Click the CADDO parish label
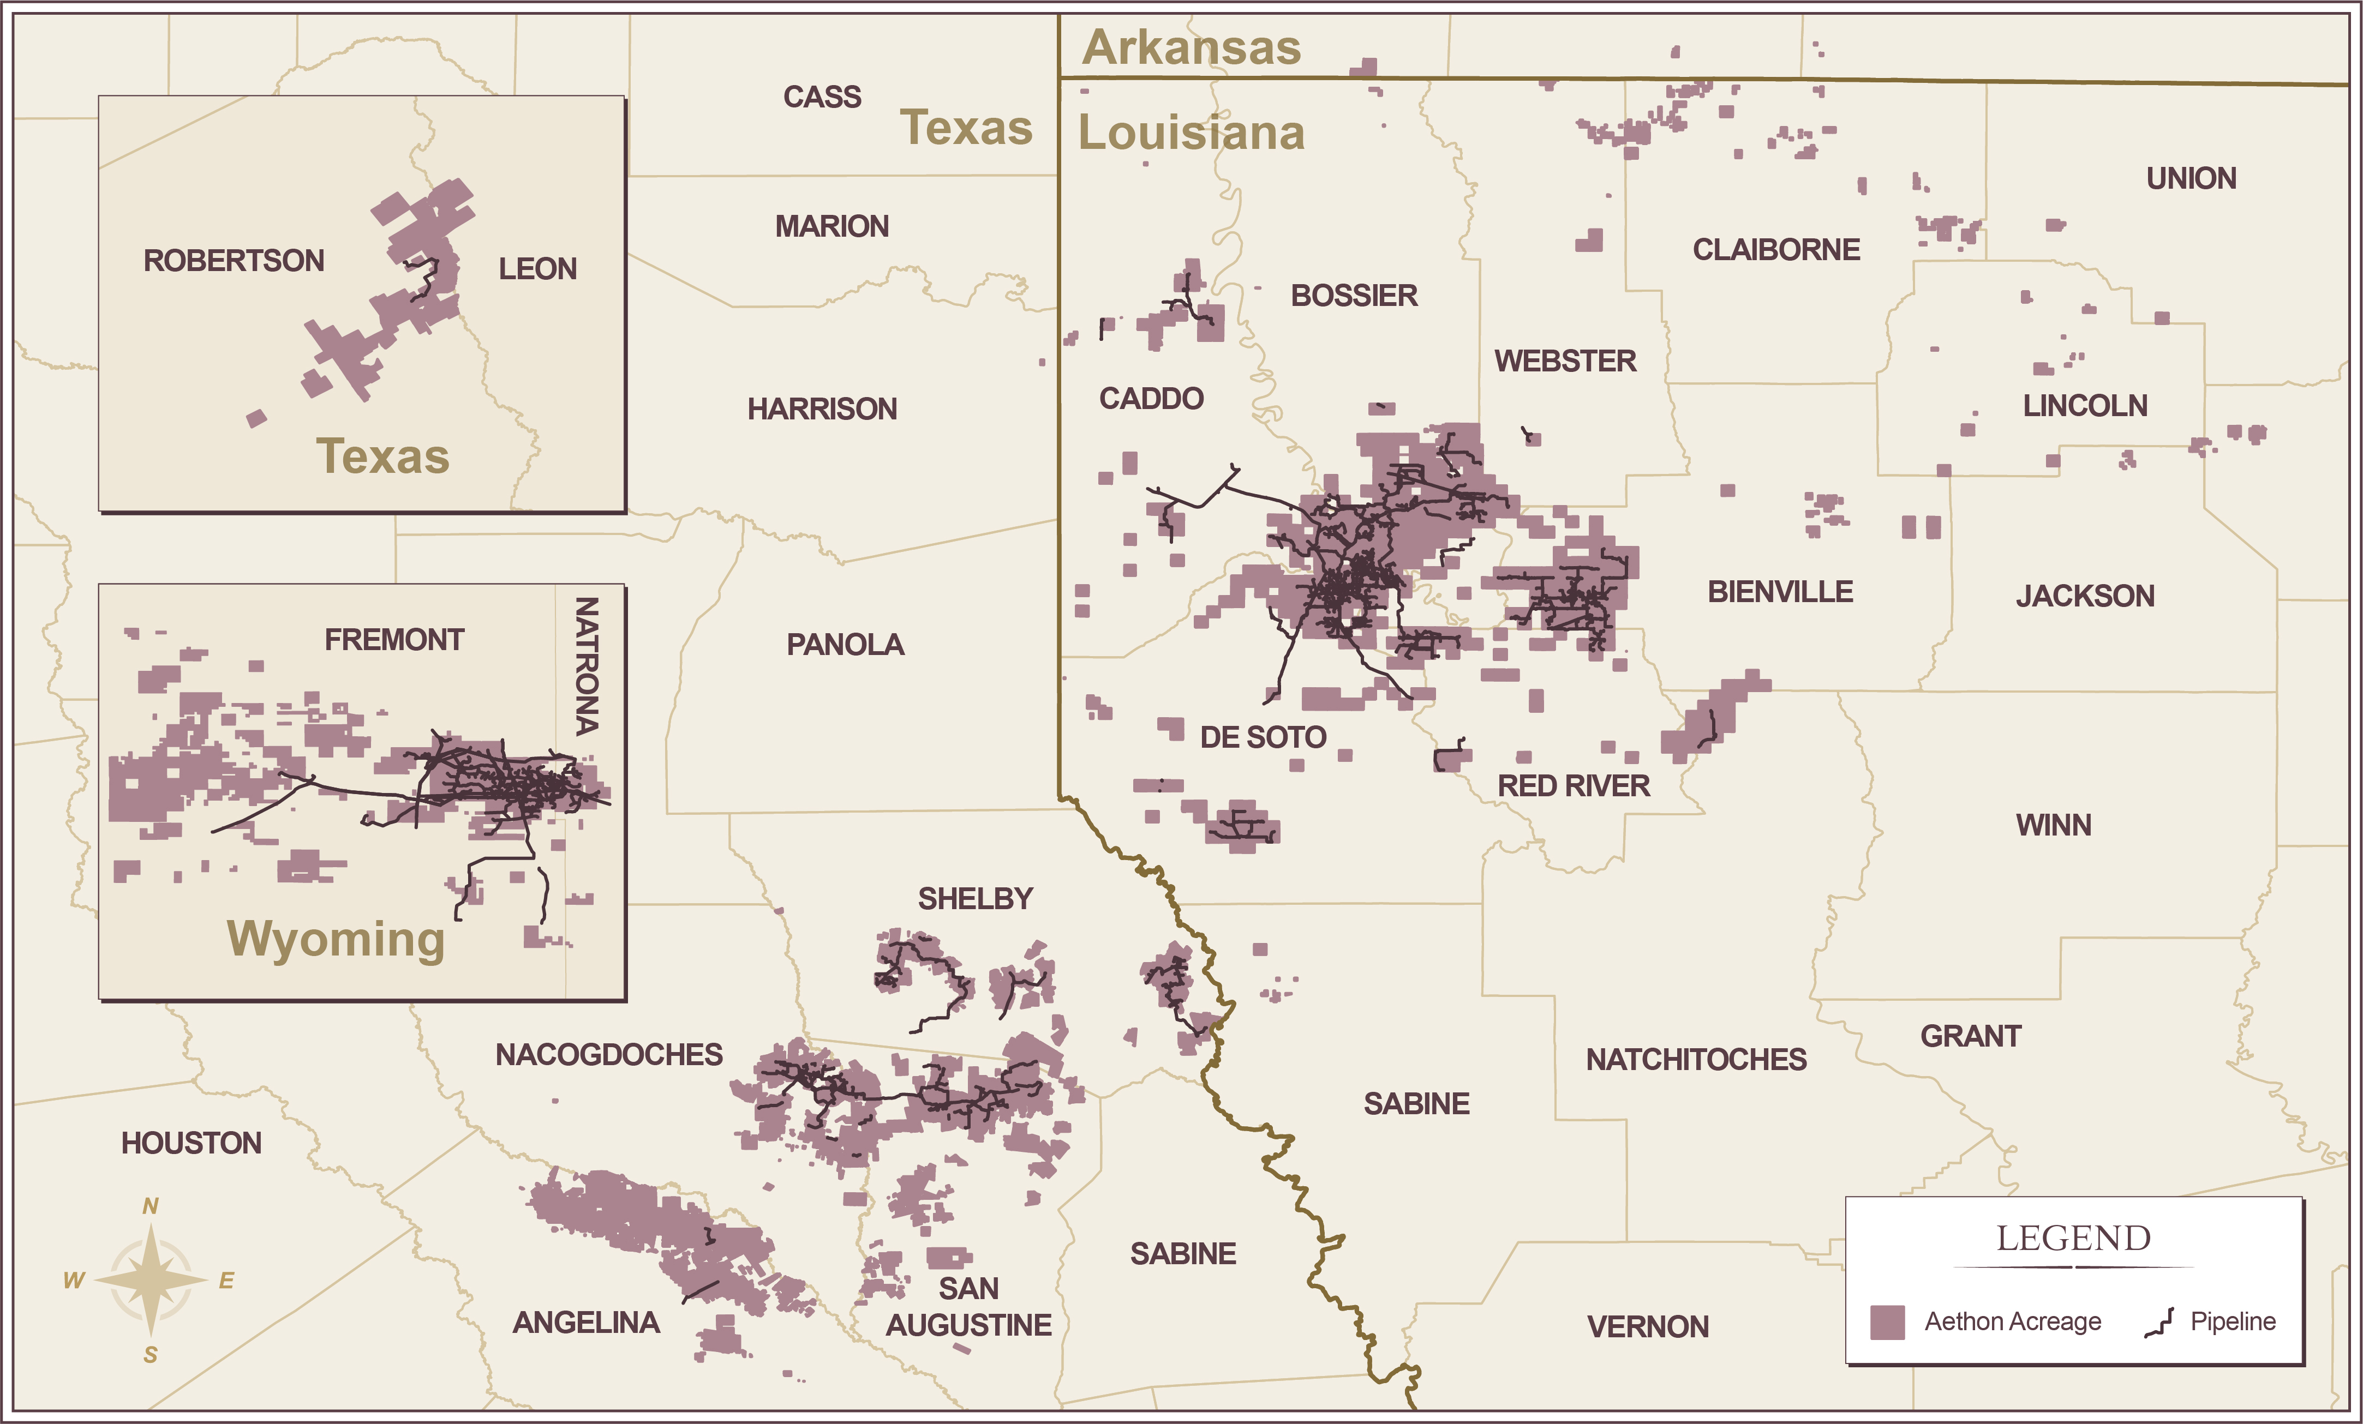coord(1151,398)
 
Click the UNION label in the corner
coord(2191,178)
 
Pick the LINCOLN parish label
coord(2085,406)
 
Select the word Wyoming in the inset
coord(336,938)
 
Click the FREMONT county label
coord(394,640)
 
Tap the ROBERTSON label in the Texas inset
coord(234,261)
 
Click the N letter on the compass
coord(151,1206)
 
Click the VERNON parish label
coord(1648,1326)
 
